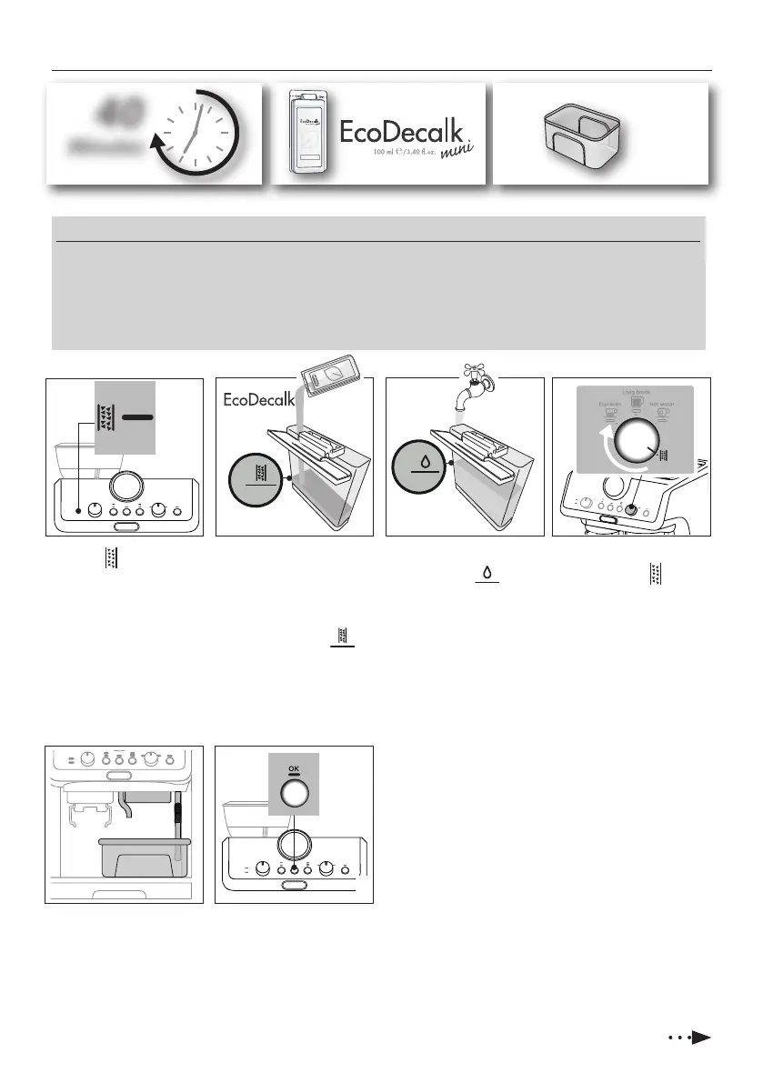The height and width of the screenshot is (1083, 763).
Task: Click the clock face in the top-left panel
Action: pos(196,136)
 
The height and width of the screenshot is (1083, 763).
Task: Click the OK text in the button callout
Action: pos(294,769)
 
